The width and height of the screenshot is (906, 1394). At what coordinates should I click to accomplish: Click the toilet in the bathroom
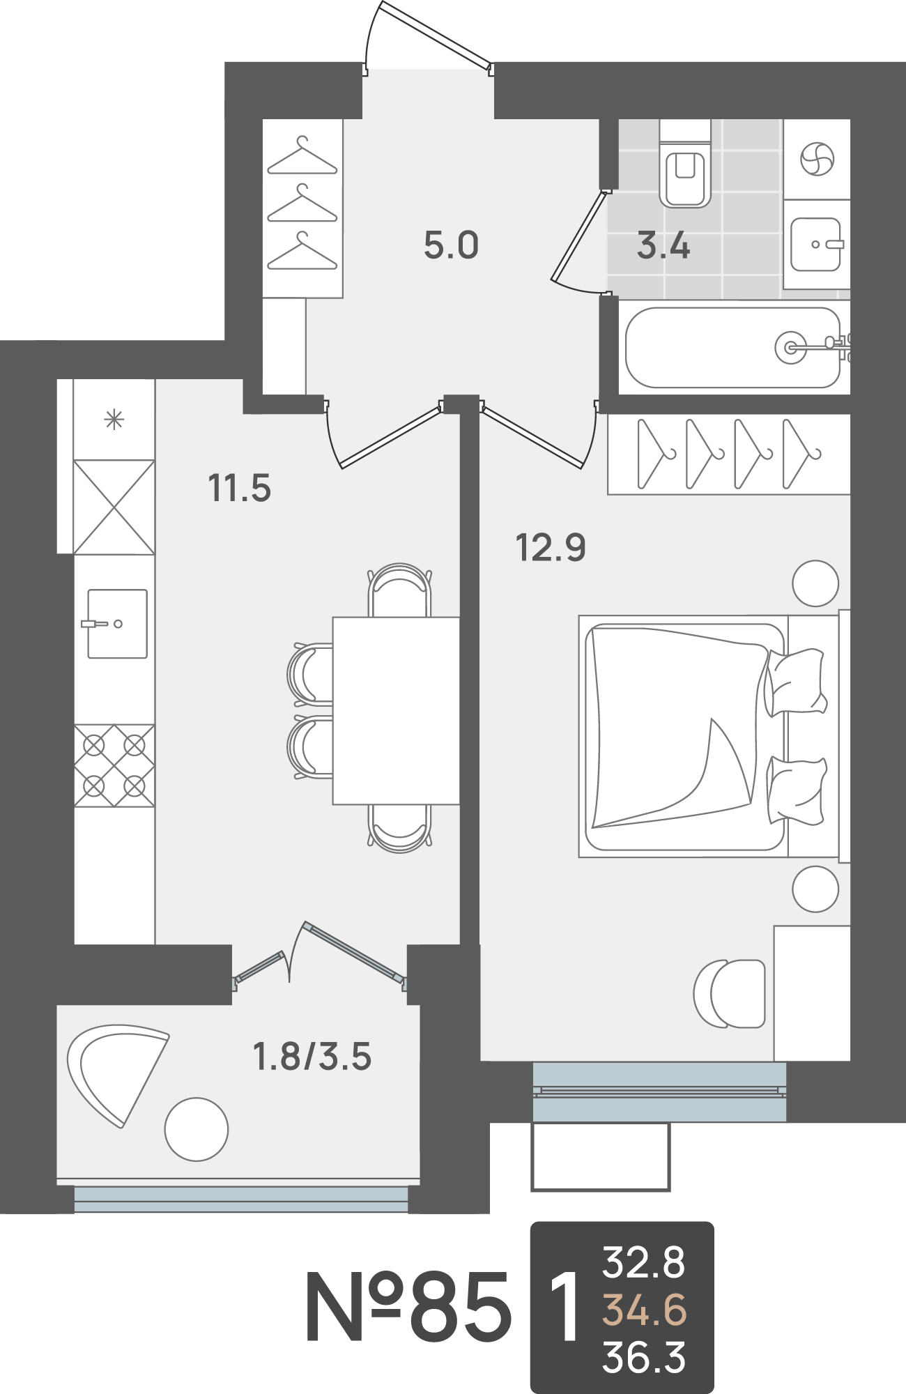[684, 163]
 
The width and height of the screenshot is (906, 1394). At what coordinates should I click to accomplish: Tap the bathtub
[733, 347]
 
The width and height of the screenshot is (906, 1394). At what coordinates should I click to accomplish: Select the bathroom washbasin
[816, 244]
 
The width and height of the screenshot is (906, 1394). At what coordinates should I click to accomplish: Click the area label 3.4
[663, 247]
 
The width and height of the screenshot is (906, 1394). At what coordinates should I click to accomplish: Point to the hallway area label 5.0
[451, 246]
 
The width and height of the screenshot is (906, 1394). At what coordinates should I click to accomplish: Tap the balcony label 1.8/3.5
[312, 1057]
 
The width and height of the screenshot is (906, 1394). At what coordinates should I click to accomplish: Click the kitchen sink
[117, 624]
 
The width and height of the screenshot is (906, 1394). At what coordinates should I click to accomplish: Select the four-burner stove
[114, 766]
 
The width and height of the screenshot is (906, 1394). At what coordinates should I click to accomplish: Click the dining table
[396, 710]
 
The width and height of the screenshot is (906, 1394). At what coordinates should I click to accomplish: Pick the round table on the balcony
[197, 1129]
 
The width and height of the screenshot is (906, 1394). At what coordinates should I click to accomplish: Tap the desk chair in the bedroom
[729, 993]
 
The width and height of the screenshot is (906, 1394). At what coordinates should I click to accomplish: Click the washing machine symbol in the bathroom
[816, 160]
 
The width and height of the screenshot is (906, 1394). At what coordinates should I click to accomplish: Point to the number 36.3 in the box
[644, 1357]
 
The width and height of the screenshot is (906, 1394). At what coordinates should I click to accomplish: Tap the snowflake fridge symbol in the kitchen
[114, 420]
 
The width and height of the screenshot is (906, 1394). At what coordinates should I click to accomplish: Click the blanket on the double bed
[673, 725]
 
